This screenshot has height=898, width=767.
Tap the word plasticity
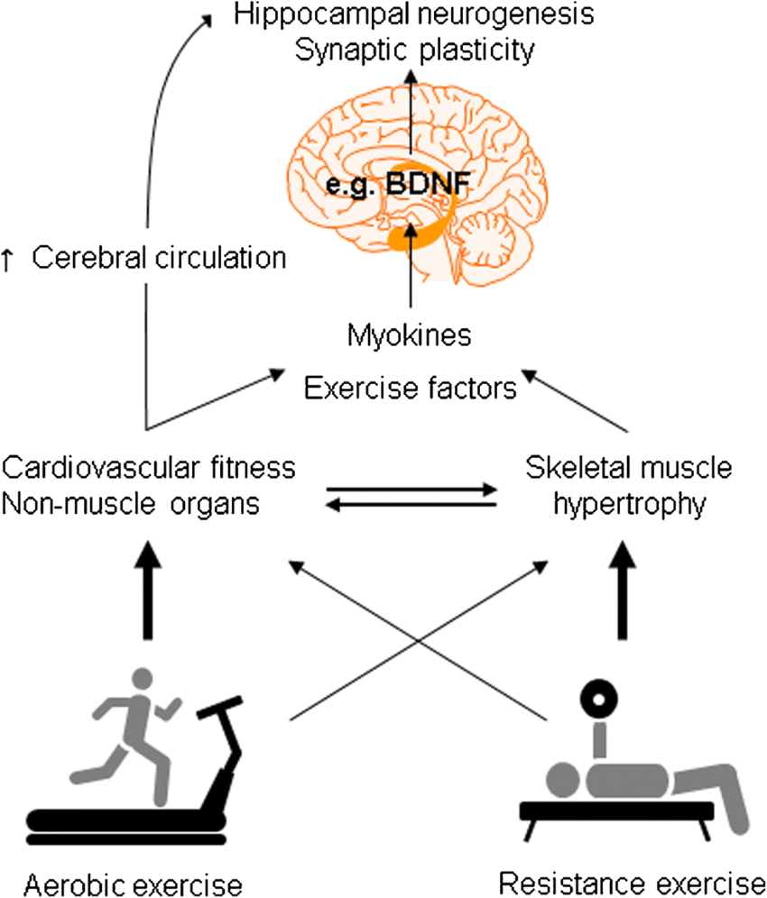[477, 51]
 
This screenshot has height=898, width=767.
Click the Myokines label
[410, 335]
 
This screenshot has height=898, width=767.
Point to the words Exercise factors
[411, 388]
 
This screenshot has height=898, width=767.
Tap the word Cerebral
[88, 258]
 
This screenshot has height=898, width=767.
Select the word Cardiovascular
[100, 467]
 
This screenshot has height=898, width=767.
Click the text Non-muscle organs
[131, 504]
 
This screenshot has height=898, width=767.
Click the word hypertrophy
[630, 505]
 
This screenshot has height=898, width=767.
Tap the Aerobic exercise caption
[133, 884]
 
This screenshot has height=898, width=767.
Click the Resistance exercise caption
[633, 884]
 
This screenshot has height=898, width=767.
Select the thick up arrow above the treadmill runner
[148, 590]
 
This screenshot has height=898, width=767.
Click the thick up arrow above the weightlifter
[623, 590]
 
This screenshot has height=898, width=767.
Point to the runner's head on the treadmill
[143, 679]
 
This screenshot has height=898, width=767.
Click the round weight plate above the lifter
[598, 699]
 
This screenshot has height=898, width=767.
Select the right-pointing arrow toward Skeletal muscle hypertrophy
[411, 490]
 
